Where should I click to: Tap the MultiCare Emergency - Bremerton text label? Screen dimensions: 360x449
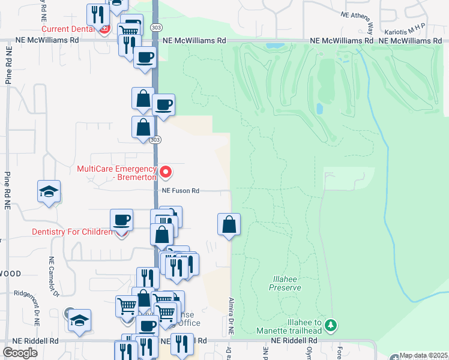coord(117,173)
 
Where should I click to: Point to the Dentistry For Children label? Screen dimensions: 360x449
coord(72,232)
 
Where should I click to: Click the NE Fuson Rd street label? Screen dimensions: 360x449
coord(180,191)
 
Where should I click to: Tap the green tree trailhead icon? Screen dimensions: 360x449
coord(330,325)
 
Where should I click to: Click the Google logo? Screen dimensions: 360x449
coord(20,352)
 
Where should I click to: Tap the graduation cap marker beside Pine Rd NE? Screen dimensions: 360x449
coord(49,192)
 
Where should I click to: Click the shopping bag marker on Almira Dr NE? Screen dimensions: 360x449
coord(229,225)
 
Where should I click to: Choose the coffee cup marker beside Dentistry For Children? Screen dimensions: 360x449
coord(122,220)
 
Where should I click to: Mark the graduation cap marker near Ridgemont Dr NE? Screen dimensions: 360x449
coord(79,320)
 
